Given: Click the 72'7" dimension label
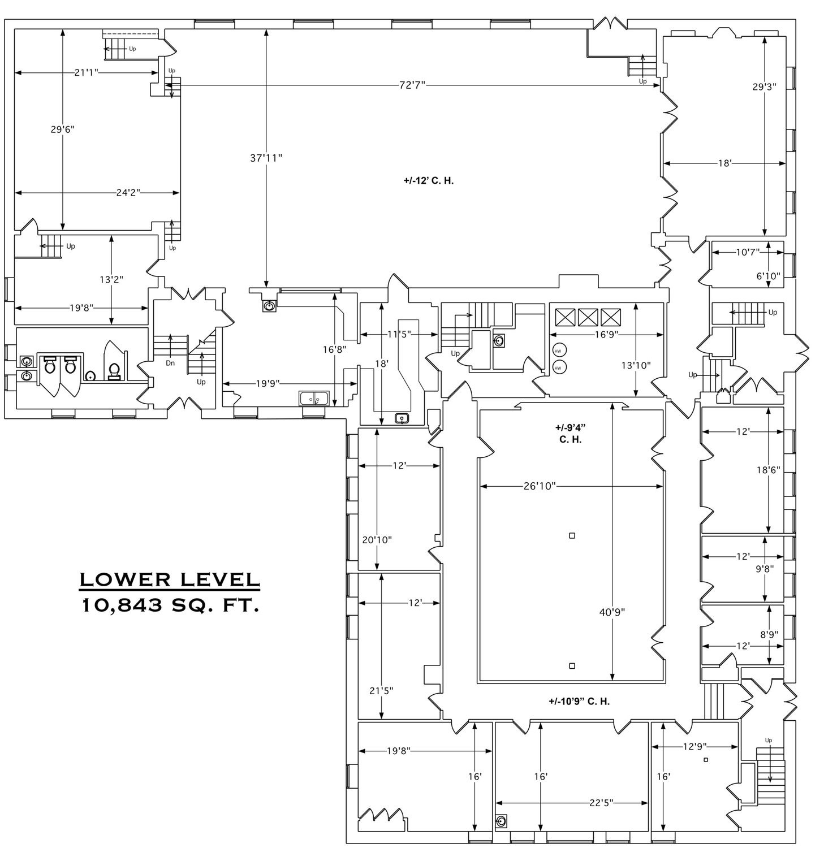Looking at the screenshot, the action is coord(412,85).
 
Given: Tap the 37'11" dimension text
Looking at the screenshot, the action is coord(266,158).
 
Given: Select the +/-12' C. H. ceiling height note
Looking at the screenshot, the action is coord(429,181).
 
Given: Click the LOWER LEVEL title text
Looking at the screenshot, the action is coord(170,579).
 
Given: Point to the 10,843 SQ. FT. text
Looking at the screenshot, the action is coord(170,605).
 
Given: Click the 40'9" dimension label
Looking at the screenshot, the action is coord(612,612).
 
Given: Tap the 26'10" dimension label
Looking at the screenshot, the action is coord(540,486).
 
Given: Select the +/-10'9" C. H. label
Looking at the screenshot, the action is coord(579,702).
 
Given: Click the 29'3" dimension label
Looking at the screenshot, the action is coord(764,87).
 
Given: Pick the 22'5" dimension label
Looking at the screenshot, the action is coord(601,802).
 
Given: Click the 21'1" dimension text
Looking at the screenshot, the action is coord(86,72).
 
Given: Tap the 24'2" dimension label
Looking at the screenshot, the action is coord(128,193).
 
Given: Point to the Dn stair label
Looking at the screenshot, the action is coord(170,364).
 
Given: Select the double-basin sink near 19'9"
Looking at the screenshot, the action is coord(314,399).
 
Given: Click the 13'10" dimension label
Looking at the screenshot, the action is coord(636,365).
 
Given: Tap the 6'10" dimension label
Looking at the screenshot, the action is coord(768,276).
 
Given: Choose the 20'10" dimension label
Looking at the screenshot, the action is coord(377,540).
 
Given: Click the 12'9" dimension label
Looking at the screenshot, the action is coord(694,747).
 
